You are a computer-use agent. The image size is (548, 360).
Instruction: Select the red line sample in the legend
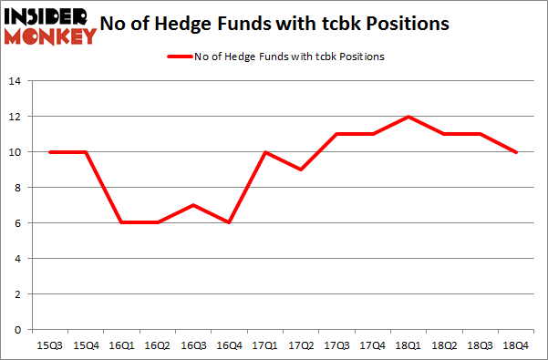point(178,57)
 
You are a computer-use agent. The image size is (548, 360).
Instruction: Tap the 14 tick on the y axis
point(15,81)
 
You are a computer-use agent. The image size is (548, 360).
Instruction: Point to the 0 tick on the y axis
point(17,330)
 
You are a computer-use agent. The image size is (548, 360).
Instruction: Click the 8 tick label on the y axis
point(17,188)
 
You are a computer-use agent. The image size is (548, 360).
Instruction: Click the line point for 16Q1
point(121,223)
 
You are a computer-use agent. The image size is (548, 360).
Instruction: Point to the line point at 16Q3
point(193,205)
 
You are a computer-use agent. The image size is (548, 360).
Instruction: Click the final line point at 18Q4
point(517,152)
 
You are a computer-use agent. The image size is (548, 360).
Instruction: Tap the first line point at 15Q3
point(49,152)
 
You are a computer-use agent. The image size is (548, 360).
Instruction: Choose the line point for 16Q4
point(230,223)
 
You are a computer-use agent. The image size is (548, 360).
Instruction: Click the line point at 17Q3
point(337,134)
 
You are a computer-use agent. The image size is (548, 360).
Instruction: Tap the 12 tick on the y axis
point(15,117)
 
